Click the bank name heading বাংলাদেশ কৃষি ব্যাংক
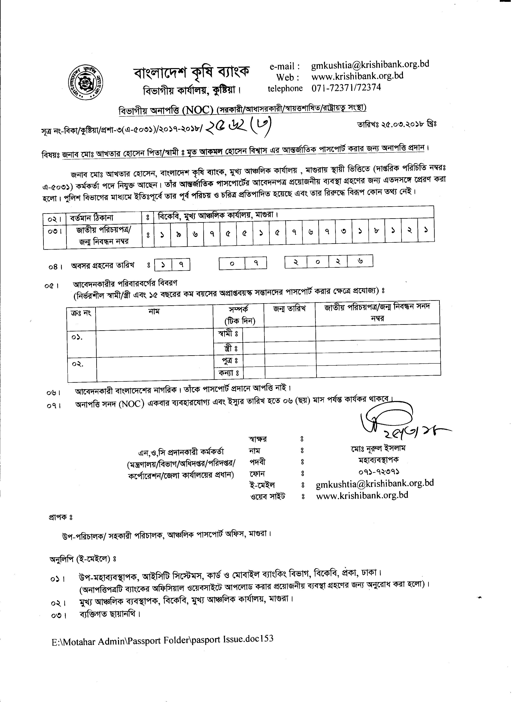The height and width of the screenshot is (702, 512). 191,72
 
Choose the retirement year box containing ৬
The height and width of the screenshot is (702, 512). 360,261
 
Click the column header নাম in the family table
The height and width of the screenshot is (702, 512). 154,311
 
